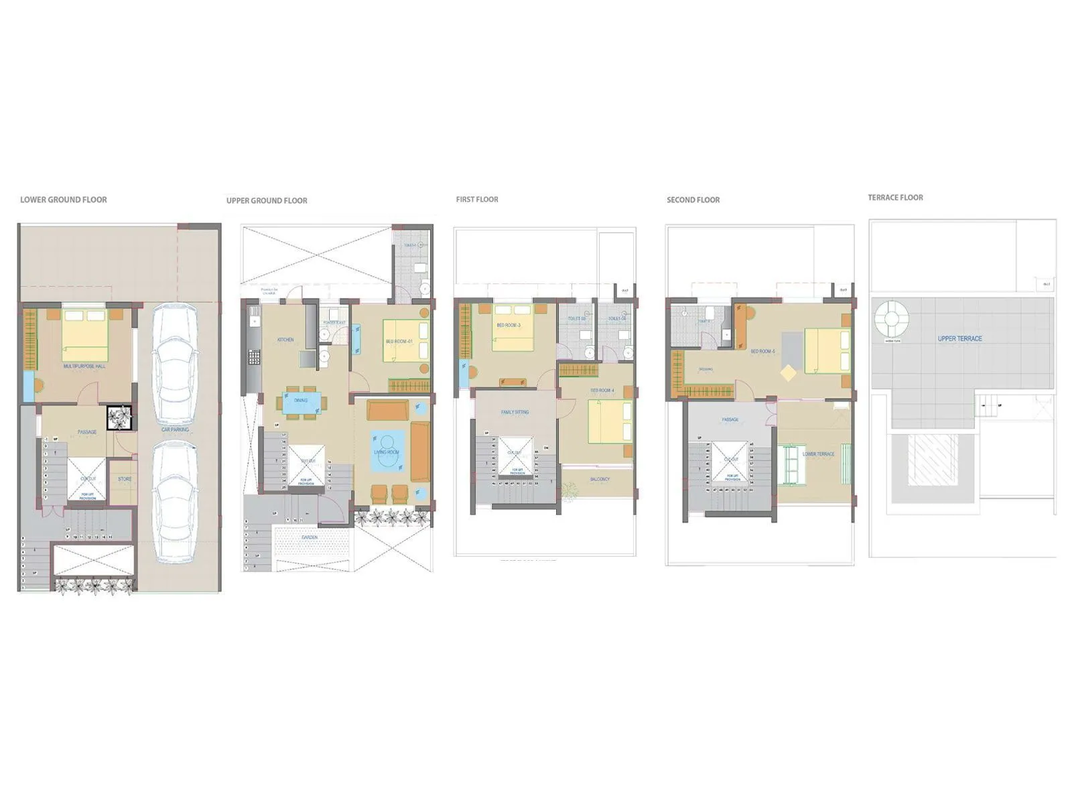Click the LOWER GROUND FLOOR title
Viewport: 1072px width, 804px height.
[x=64, y=200]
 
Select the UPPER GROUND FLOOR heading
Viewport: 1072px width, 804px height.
[x=267, y=200]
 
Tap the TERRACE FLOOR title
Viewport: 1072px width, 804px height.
[x=895, y=198]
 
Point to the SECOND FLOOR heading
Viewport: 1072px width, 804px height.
[x=693, y=200]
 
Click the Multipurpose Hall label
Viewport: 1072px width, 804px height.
[x=84, y=366]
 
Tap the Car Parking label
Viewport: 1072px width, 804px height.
[x=175, y=429]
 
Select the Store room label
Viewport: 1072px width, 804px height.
[x=125, y=479]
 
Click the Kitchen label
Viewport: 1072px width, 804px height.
[x=285, y=340]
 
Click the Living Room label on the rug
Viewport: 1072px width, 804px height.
[x=387, y=452]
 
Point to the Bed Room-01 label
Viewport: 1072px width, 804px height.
[x=399, y=342]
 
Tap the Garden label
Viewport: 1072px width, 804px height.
[x=310, y=537]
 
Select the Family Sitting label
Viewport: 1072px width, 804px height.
[x=515, y=412]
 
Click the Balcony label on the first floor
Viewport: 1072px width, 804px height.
[x=600, y=479]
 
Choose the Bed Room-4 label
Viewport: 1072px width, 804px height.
[x=602, y=390]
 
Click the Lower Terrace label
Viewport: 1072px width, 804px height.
[x=818, y=454]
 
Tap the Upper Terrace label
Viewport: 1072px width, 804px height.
[x=959, y=338]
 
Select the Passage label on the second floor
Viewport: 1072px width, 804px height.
[x=730, y=419]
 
